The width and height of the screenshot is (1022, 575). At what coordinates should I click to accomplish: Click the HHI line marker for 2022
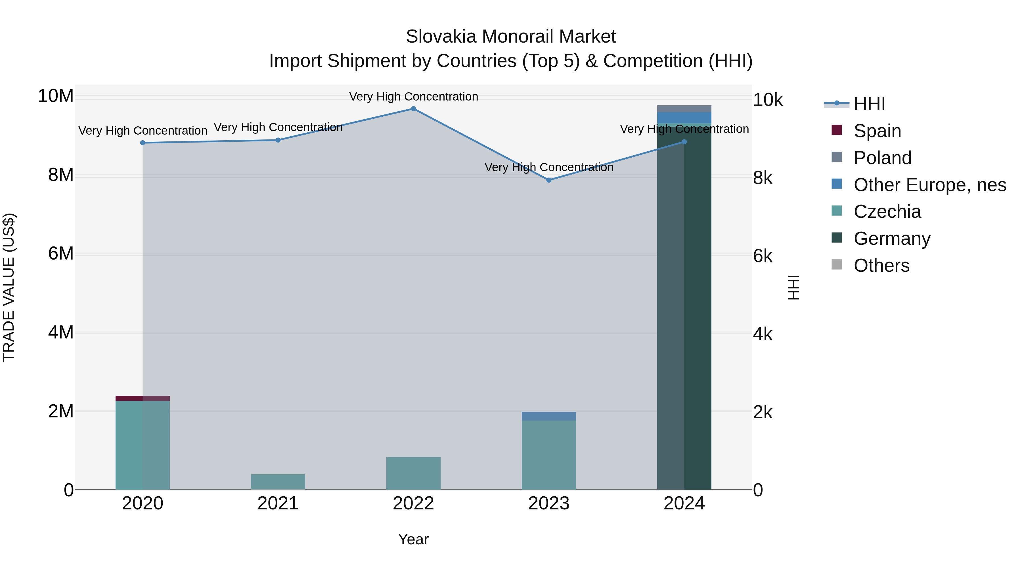(x=413, y=109)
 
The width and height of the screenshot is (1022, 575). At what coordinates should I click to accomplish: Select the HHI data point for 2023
(x=549, y=180)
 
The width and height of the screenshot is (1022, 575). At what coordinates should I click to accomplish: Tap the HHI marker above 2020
(x=143, y=143)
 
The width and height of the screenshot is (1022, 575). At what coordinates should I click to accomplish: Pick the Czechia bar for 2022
(x=413, y=473)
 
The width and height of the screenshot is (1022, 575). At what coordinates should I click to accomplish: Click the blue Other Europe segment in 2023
(x=549, y=416)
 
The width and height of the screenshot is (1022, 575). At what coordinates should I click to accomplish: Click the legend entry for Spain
(x=877, y=131)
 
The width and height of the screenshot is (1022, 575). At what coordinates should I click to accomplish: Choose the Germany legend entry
(x=891, y=239)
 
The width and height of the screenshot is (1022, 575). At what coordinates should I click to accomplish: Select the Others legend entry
(x=881, y=265)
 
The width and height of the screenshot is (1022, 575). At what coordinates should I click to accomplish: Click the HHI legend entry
(x=869, y=104)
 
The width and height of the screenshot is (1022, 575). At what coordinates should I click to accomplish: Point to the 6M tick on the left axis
(x=61, y=254)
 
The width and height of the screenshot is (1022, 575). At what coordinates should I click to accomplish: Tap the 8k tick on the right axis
(x=763, y=178)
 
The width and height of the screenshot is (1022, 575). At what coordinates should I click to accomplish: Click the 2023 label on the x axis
(x=549, y=503)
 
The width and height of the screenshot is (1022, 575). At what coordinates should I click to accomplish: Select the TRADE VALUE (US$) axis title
(x=9, y=287)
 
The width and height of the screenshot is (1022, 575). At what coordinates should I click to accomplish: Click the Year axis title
(x=413, y=539)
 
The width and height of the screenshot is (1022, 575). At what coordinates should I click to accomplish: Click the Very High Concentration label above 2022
(x=413, y=97)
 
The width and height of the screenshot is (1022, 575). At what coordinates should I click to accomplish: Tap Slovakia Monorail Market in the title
(x=511, y=37)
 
